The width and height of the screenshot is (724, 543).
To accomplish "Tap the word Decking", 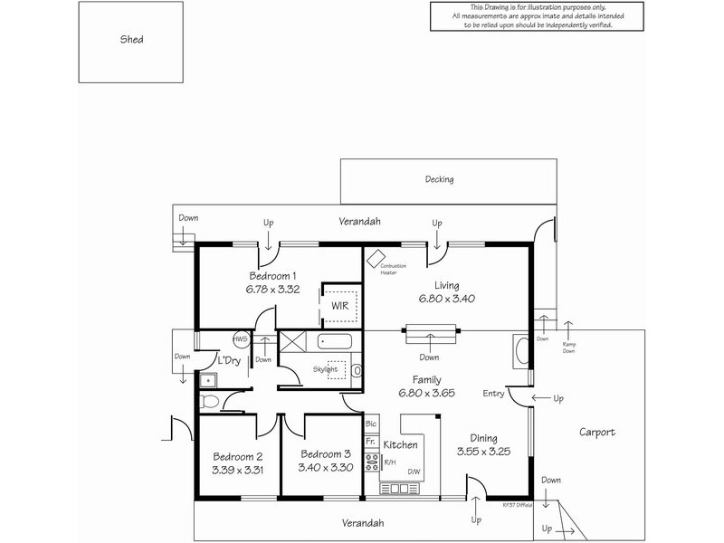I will (439, 179).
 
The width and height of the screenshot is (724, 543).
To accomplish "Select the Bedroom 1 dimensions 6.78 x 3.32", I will (272, 290).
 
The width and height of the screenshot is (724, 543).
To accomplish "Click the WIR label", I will (340, 306).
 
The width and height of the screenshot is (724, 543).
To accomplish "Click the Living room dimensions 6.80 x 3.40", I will (446, 298).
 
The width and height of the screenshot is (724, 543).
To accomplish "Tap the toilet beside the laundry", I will (209, 400).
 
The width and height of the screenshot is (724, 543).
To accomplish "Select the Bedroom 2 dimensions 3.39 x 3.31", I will (238, 470).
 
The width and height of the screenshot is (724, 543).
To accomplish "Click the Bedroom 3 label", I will (325, 455).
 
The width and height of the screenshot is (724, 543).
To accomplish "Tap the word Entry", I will (494, 393).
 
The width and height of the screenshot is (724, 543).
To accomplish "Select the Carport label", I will (597, 433).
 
